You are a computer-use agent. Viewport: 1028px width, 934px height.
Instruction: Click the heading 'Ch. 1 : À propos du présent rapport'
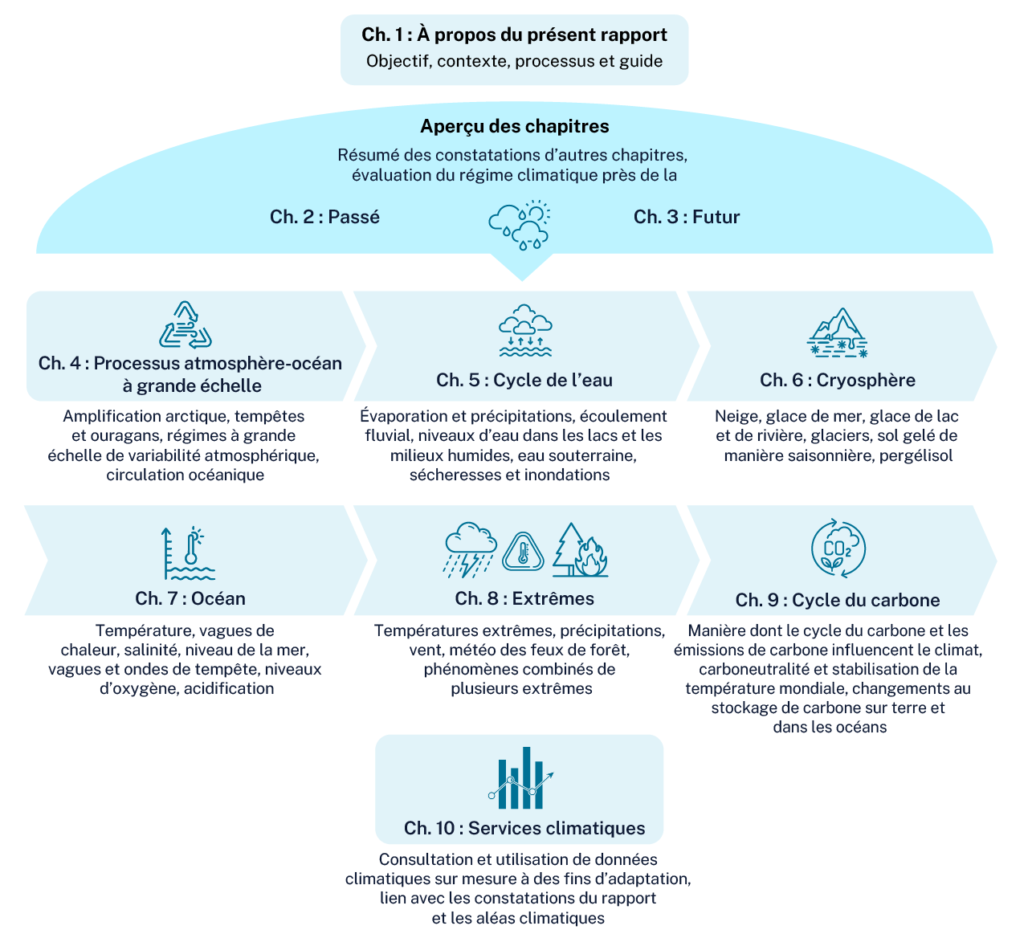[x=514, y=35]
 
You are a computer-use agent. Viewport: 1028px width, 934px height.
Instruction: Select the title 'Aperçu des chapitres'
[x=515, y=126]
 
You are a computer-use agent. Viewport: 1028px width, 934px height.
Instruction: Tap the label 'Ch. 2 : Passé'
[x=324, y=216]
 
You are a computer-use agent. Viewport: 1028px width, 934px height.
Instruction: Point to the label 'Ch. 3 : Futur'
[x=686, y=216]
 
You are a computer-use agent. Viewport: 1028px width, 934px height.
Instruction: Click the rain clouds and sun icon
[x=519, y=225]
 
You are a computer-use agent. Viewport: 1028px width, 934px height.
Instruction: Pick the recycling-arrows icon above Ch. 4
[x=185, y=324]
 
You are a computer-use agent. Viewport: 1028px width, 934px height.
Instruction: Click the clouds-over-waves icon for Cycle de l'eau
[x=525, y=330]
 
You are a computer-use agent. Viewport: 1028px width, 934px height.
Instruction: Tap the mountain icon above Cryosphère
[x=837, y=332]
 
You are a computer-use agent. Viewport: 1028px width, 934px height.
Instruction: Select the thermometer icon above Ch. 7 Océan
[x=188, y=553]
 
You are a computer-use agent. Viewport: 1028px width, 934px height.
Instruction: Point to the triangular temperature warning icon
[x=523, y=552]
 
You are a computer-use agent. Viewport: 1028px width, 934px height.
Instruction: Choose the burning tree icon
[x=580, y=550]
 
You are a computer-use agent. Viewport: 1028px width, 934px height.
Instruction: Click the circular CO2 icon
[x=838, y=548]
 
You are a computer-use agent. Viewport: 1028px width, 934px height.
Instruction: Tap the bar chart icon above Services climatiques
[x=520, y=777]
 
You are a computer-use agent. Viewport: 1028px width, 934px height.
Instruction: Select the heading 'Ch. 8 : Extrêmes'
[x=524, y=598]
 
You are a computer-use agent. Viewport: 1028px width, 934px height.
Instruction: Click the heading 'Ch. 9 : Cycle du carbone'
[x=838, y=600]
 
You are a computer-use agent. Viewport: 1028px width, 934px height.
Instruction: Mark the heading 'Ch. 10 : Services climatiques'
[x=524, y=828]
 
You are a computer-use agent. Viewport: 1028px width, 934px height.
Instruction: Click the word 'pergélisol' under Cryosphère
[x=916, y=455]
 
